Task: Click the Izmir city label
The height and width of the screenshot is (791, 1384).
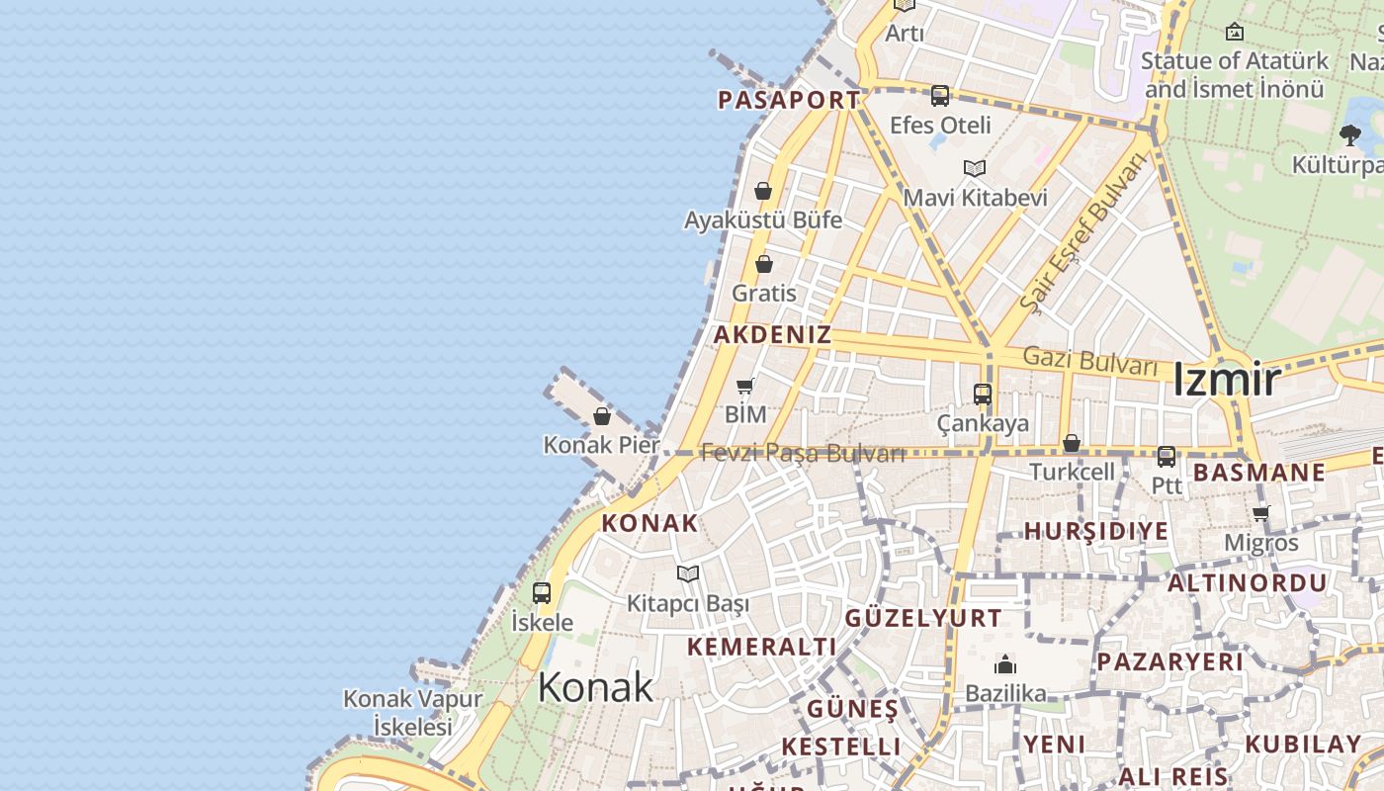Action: [1226, 380]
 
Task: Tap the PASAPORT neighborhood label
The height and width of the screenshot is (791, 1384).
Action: [788, 100]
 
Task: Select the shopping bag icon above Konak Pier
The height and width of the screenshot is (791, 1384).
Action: [602, 416]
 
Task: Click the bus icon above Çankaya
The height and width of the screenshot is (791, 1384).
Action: [983, 395]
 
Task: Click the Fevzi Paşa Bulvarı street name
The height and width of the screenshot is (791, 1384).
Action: [803, 454]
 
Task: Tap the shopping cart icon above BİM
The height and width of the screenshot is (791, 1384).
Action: [745, 386]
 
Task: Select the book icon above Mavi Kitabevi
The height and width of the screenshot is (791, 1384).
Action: [975, 168]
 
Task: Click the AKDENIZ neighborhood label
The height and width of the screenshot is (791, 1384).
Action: [772, 334]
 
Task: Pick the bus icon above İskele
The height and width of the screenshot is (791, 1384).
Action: [542, 593]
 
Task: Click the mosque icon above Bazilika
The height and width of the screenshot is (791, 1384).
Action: [1005, 663]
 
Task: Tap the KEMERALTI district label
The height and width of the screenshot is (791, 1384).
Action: [761, 647]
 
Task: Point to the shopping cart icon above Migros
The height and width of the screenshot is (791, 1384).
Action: [1260, 513]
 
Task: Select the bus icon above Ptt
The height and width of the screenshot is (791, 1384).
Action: [1167, 456]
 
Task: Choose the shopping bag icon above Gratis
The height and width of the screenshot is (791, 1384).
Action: [763, 264]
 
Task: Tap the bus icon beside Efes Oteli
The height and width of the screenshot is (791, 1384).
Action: [939, 96]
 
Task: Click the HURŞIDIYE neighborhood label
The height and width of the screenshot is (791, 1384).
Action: [1095, 531]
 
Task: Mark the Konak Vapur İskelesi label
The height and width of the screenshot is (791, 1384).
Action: [412, 712]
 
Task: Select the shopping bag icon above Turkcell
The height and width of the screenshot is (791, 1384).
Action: [1072, 443]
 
